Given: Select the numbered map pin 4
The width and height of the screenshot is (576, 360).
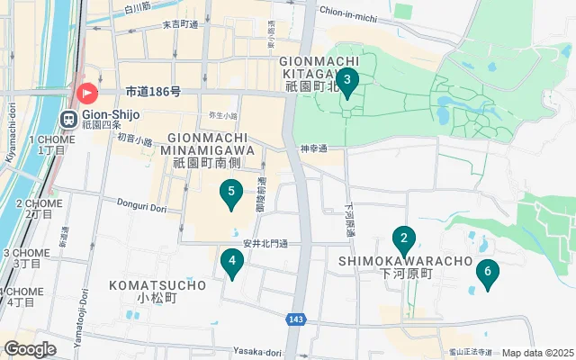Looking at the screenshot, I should click(232, 264).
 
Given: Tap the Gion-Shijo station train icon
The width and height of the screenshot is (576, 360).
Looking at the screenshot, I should click(67, 120).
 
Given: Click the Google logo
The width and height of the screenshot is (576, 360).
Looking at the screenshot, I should click(30, 349).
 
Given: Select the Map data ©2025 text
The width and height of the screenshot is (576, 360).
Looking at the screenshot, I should click(537, 354).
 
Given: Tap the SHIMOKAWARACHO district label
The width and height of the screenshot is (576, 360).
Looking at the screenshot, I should click(405, 261).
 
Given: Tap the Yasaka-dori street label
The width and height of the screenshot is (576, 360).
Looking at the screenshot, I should click(257, 353).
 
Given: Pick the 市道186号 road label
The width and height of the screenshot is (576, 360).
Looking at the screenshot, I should click(153, 91).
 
